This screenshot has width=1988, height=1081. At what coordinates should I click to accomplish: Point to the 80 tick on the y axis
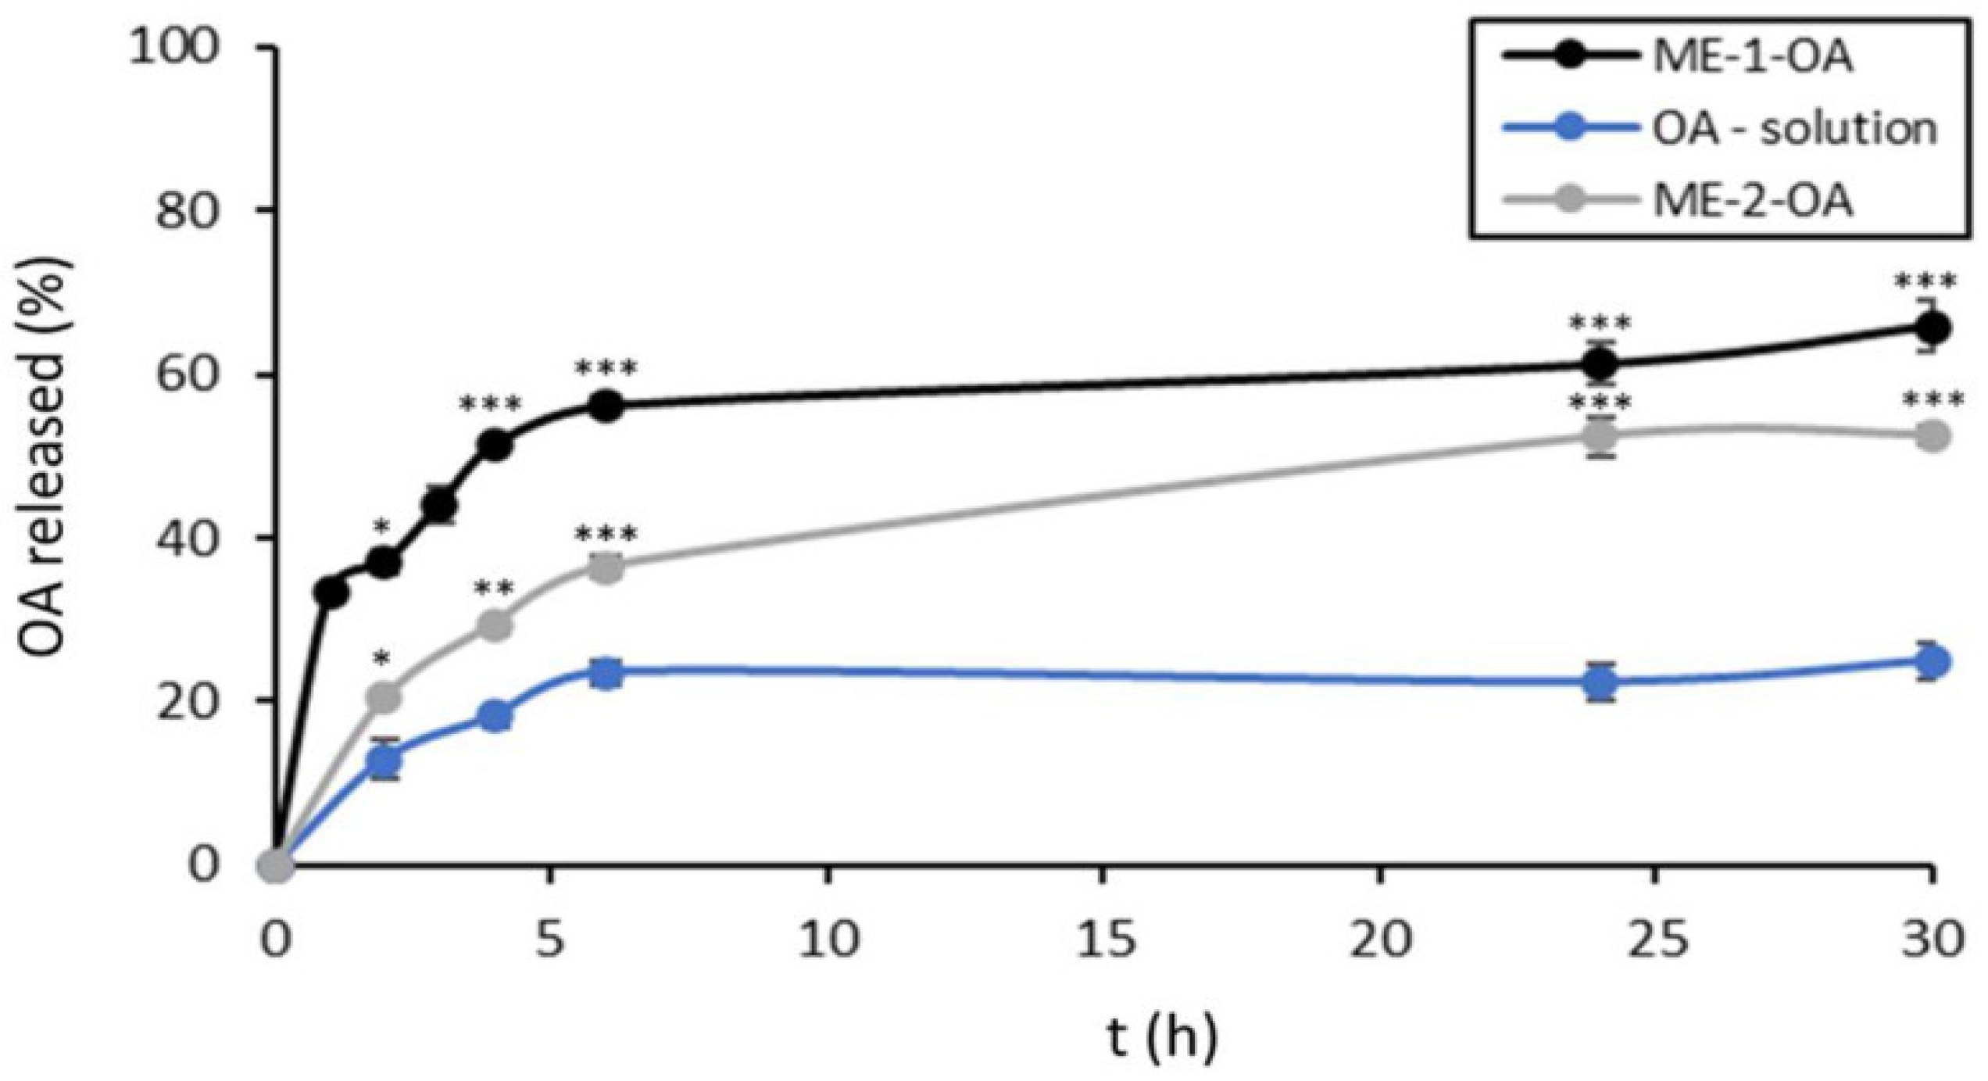point(188,210)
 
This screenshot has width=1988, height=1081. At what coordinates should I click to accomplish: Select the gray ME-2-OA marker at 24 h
point(1600,435)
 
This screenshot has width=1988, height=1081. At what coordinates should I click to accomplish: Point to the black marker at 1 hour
point(331,593)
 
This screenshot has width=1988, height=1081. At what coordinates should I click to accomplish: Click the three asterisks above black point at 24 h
point(1600,323)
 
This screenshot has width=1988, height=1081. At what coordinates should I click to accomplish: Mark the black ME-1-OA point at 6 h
point(606,406)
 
